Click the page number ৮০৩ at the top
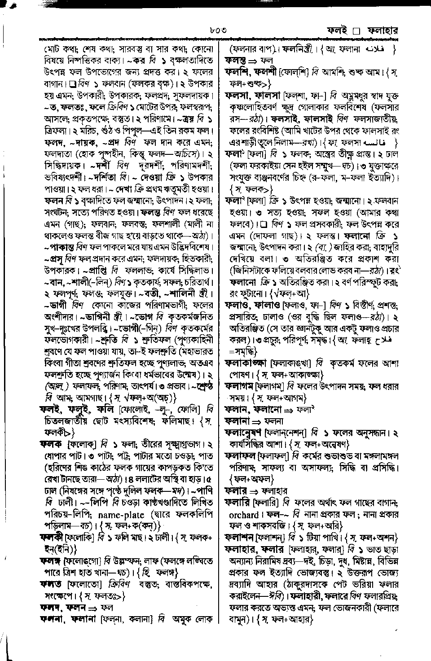click(216, 31)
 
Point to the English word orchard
click(244, 514)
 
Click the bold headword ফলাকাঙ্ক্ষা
click(247, 363)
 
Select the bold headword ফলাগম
click(239, 386)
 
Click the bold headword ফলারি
click(238, 503)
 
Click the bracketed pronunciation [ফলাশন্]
click(273, 537)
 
